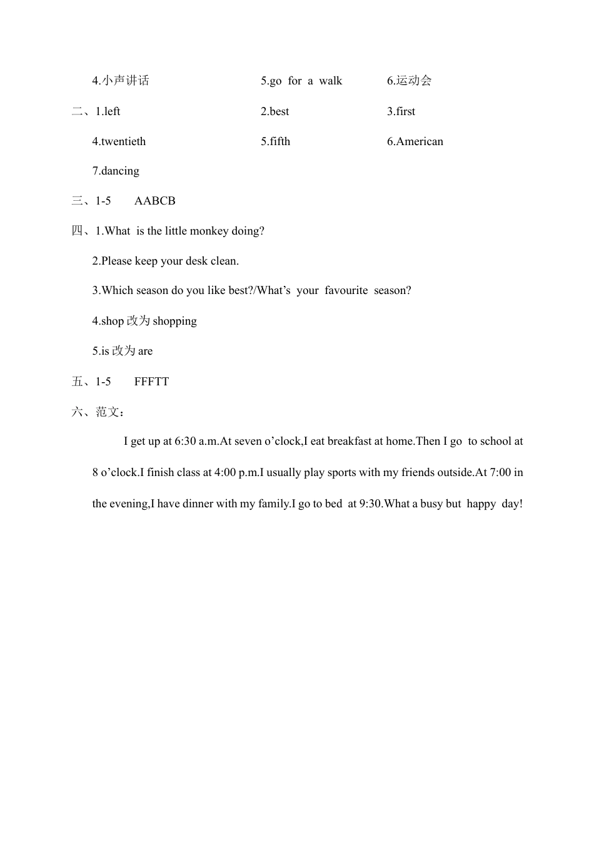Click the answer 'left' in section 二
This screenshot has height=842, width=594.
pos(112,111)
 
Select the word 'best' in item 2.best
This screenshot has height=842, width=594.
pos(279,111)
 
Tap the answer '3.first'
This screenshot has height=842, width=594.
pos(401,111)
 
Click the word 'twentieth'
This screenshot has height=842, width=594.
pos(123,141)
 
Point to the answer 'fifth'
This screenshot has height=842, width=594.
pos(280,141)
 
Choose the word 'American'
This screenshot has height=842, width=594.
pos(420,141)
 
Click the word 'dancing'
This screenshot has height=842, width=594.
pos(120,171)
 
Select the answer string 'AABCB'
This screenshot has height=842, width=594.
pos(154,201)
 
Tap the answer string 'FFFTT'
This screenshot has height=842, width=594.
pos(151,382)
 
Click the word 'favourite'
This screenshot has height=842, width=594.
pos(346,290)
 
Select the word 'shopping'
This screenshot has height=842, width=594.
pos(174,321)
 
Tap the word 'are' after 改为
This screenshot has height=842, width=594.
pos(145,351)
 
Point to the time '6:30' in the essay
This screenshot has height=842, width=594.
pos(185,441)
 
